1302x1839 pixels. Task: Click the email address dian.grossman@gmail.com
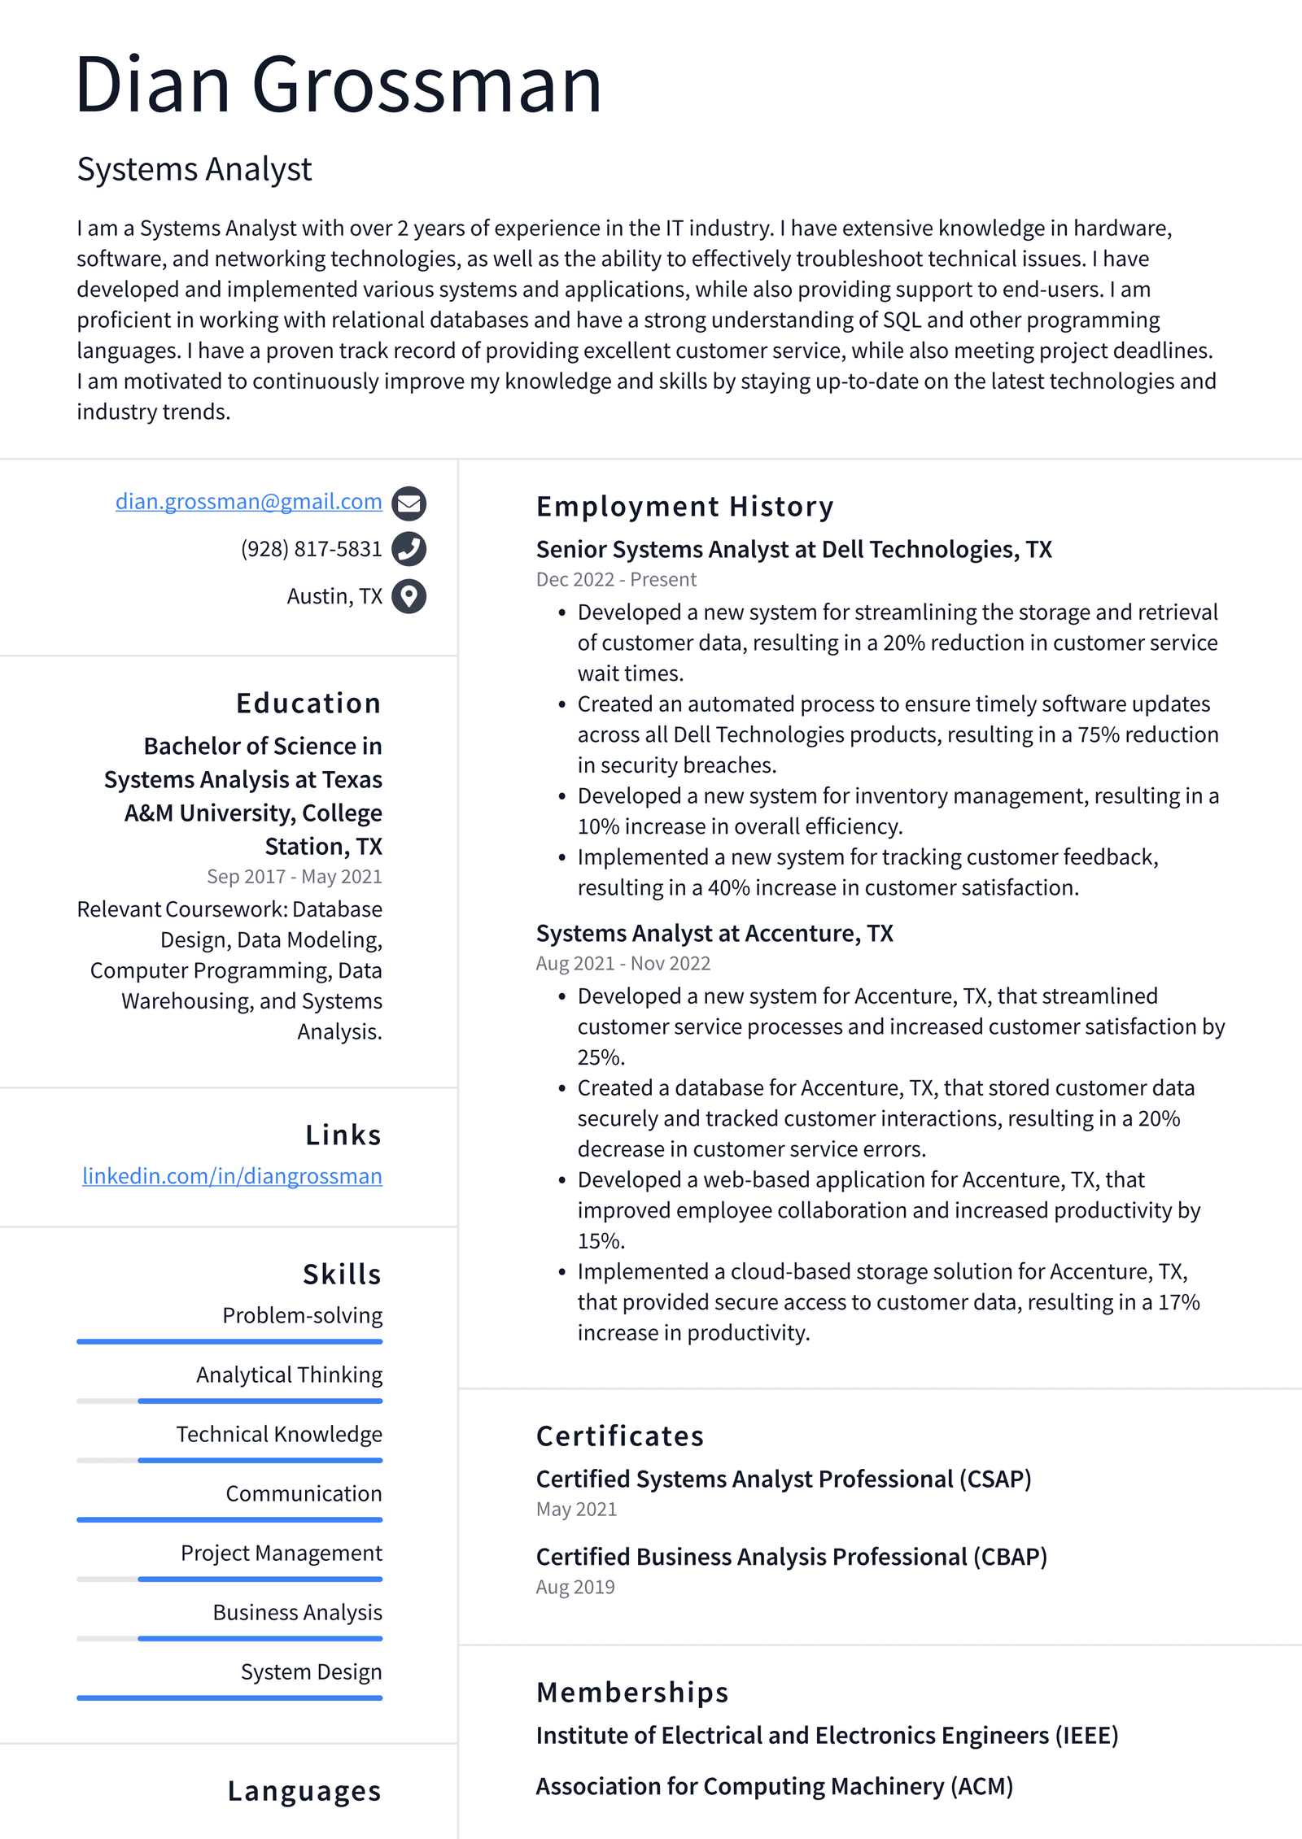click(x=248, y=502)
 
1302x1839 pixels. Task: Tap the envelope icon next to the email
click(x=409, y=503)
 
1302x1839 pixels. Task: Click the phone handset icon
click(x=409, y=549)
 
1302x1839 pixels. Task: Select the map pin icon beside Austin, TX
click(x=409, y=596)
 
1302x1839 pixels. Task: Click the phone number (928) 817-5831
click(x=311, y=549)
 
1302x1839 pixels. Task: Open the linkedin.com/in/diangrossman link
click(x=232, y=1176)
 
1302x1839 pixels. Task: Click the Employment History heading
click(x=684, y=507)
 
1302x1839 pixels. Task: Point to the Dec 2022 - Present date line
click(x=616, y=579)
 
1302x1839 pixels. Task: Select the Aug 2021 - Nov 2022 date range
click(x=623, y=963)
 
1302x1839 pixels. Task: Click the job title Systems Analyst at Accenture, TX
click(x=714, y=933)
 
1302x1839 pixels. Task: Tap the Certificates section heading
click(x=619, y=1436)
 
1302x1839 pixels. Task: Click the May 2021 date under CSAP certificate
click(x=576, y=1509)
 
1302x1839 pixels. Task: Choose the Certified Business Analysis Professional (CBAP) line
click(x=791, y=1557)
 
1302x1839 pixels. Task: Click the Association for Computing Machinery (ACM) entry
click(x=774, y=1786)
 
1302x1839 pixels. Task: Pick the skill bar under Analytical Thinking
click(x=229, y=1401)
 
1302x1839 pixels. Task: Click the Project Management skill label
click(x=281, y=1553)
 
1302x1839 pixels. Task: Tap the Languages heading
click(x=304, y=1791)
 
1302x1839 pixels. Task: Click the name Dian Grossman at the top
click(x=338, y=85)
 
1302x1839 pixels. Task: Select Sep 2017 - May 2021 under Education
click(x=294, y=876)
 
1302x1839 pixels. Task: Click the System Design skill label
click(x=311, y=1671)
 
